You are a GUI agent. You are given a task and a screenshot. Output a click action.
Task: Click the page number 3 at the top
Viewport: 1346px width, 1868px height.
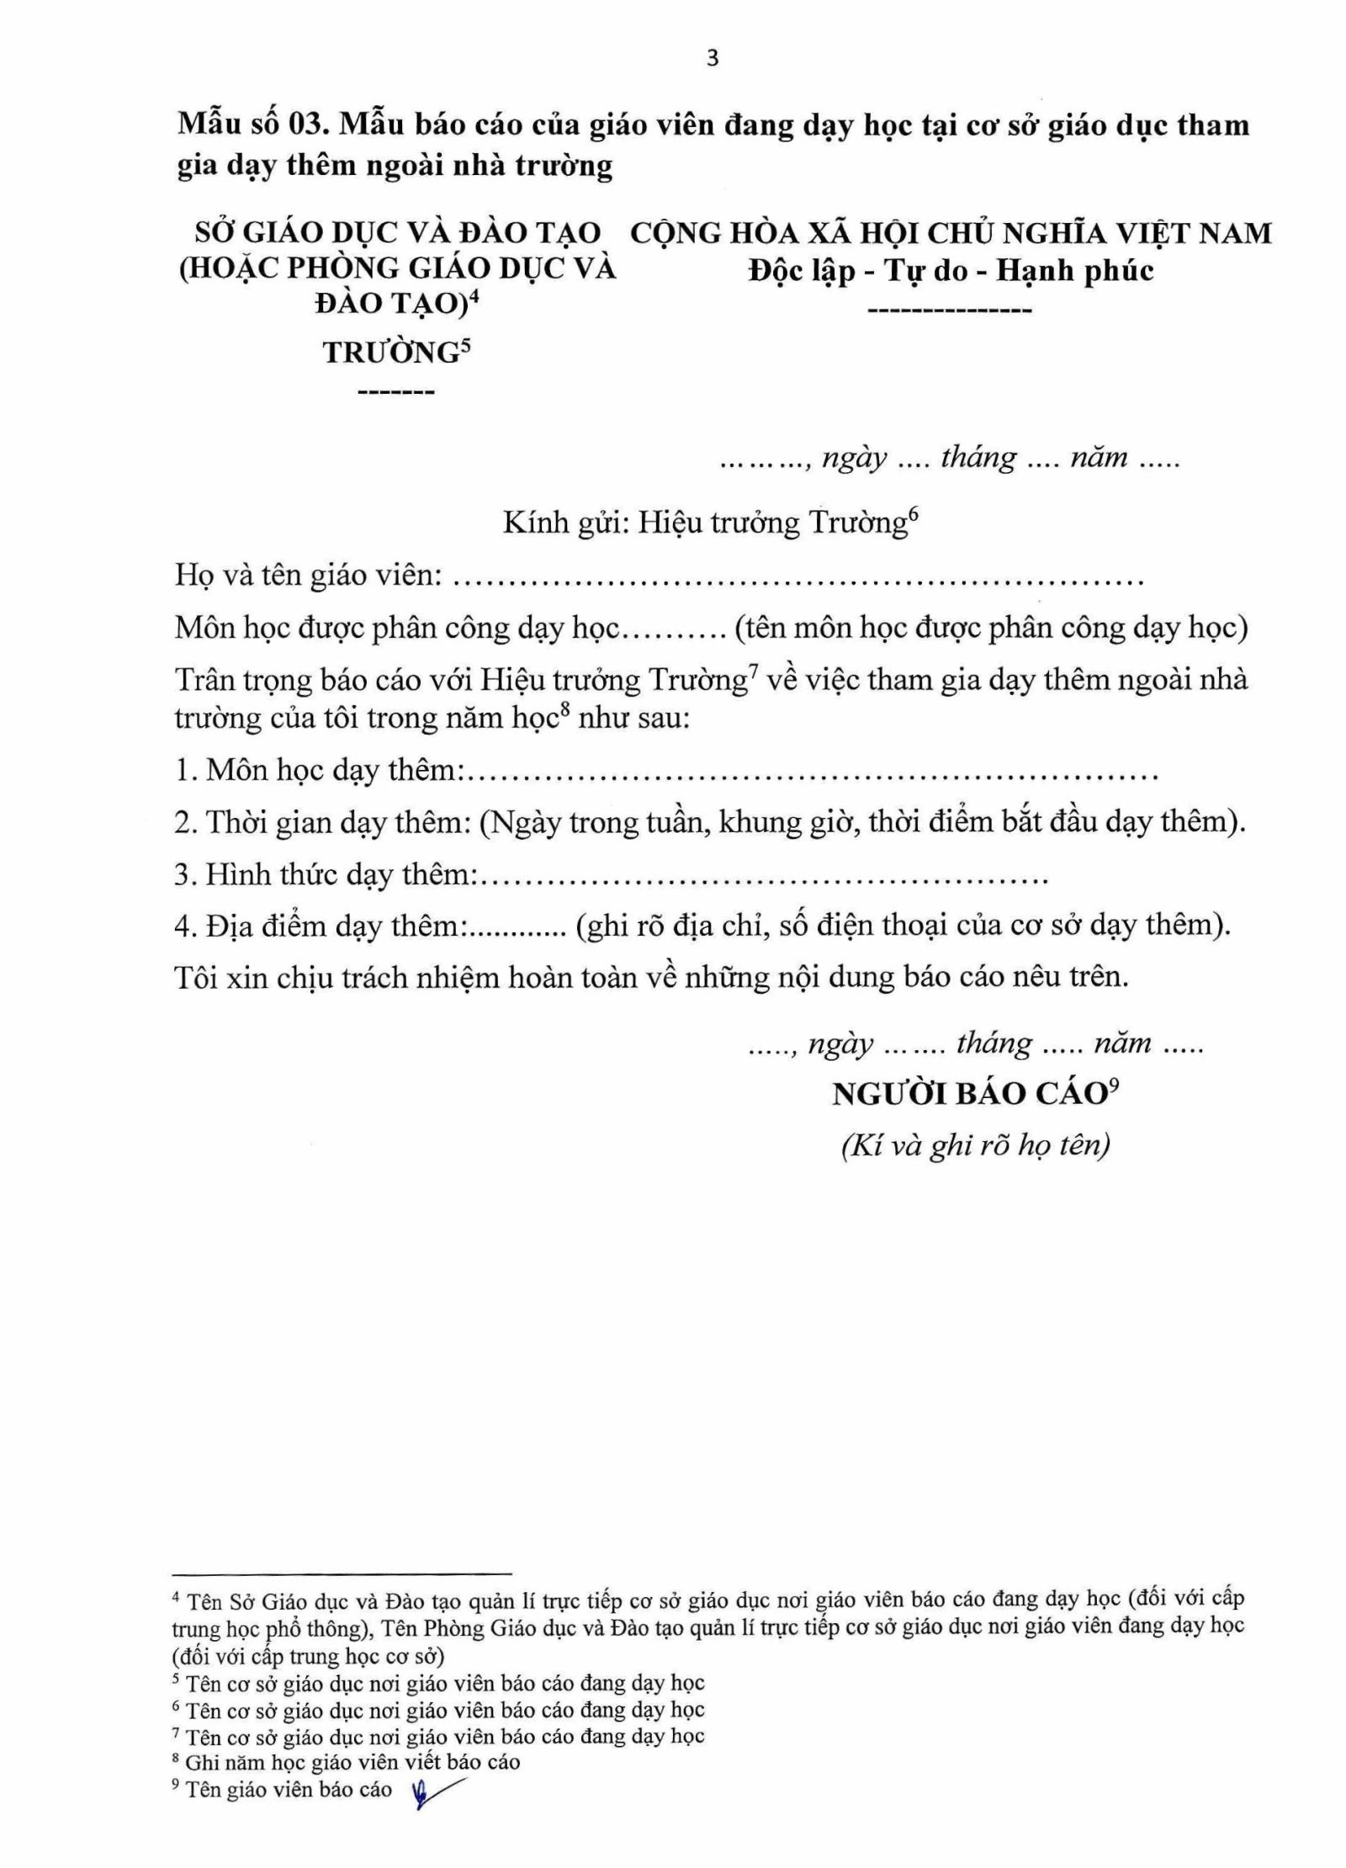[x=713, y=59]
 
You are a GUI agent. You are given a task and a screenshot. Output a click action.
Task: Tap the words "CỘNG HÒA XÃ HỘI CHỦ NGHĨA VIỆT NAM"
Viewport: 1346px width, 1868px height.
[x=950, y=233]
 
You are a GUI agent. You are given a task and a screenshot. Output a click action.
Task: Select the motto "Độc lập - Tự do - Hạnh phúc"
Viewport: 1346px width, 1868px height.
[x=951, y=271]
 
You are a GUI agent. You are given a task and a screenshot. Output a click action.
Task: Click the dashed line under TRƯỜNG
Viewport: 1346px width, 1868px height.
[x=396, y=393]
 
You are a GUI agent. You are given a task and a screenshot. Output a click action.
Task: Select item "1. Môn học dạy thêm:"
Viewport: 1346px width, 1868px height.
[x=320, y=770]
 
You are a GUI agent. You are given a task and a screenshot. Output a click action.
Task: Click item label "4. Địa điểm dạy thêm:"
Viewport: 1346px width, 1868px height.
[x=321, y=926]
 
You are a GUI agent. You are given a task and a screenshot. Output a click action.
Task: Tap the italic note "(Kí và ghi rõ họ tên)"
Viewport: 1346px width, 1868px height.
[x=975, y=1145]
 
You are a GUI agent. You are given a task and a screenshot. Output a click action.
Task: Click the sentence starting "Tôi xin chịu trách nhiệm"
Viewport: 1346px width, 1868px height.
[x=651, y=978]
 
